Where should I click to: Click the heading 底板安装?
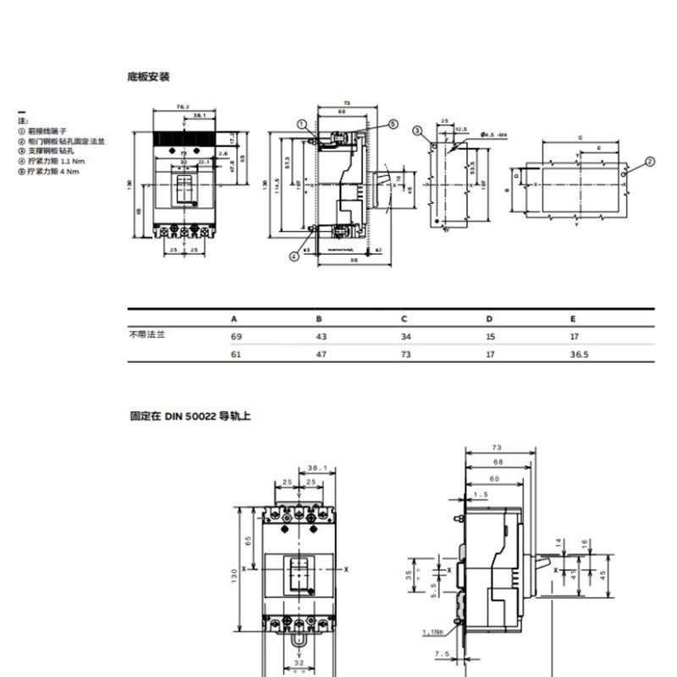point(148,77)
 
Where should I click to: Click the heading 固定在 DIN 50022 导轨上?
point(190,416)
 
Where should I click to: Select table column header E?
point(574,319)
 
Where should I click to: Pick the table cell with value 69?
point(236,337)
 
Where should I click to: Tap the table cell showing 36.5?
point(580,355)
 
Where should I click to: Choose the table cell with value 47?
point(321,355)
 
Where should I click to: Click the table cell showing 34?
point(405,337)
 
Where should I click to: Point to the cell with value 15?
point(489,337)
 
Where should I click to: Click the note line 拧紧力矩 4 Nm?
point(52,172)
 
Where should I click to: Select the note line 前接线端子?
point(47,131)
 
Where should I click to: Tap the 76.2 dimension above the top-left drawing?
point(181,107)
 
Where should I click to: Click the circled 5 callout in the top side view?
point(394,124)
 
